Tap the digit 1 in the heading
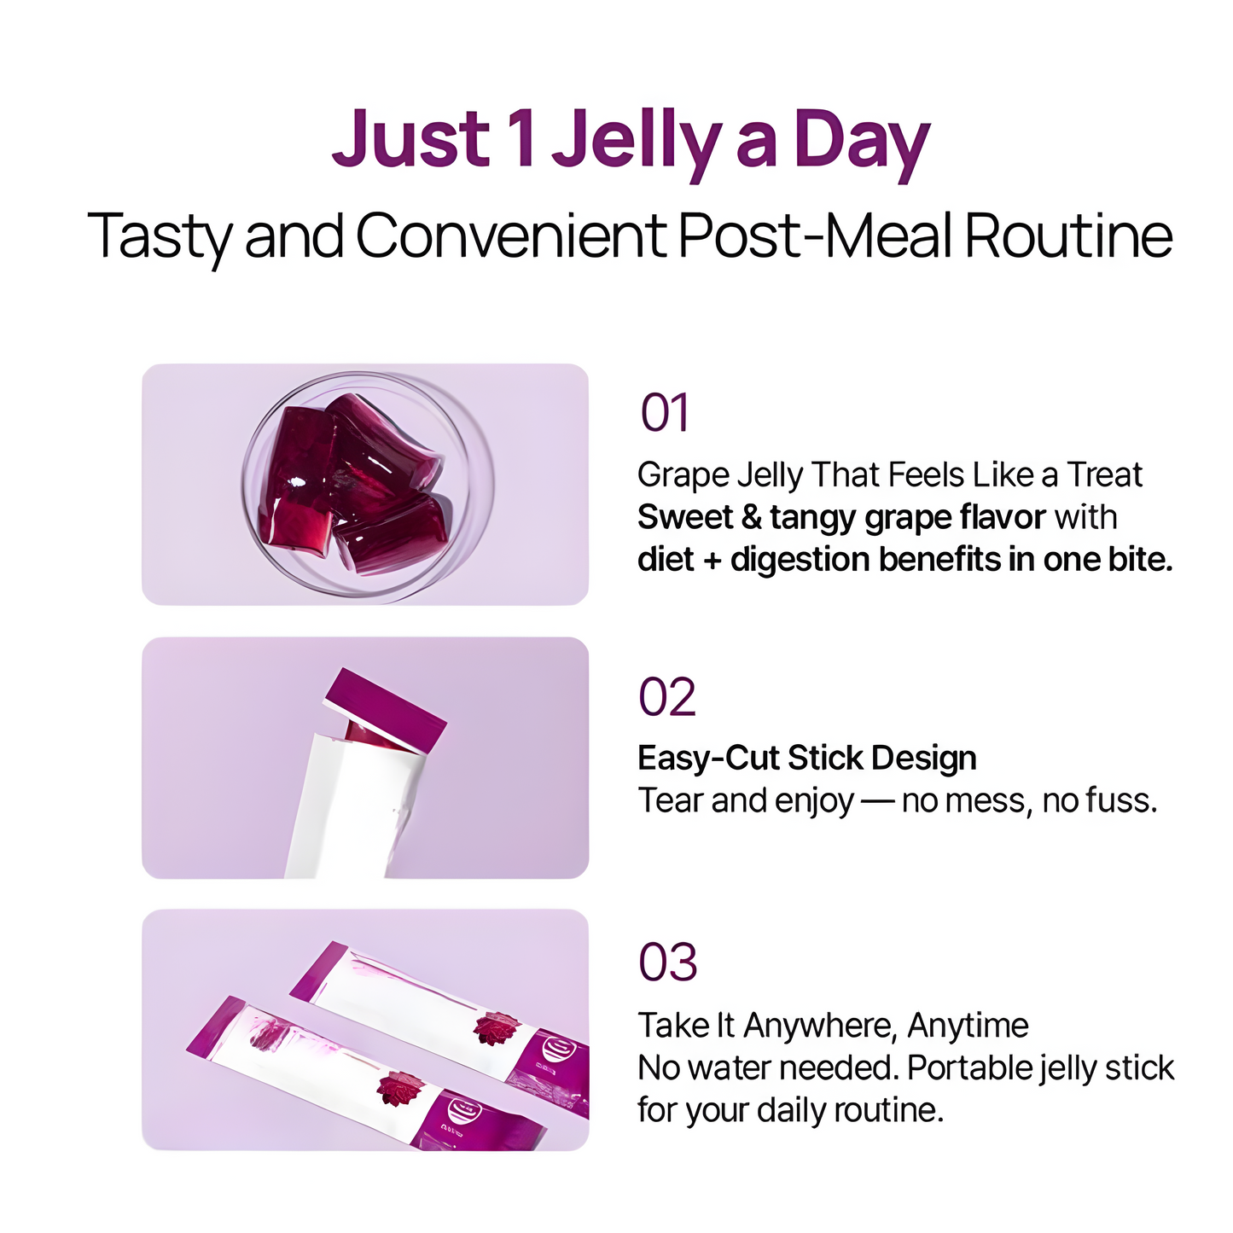520,139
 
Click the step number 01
665,414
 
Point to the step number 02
667,697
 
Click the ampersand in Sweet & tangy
751,517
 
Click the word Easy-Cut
707,758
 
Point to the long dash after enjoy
877,800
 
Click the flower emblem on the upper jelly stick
495,1028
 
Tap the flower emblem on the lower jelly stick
400,1089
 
